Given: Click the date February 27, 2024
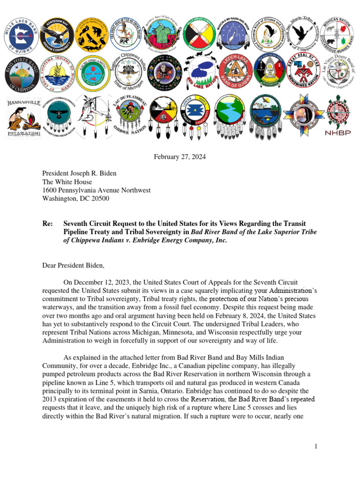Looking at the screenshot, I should coord(180,157).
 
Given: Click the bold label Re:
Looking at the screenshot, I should coord(47,224).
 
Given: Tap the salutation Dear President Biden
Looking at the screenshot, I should coord(74,266).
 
